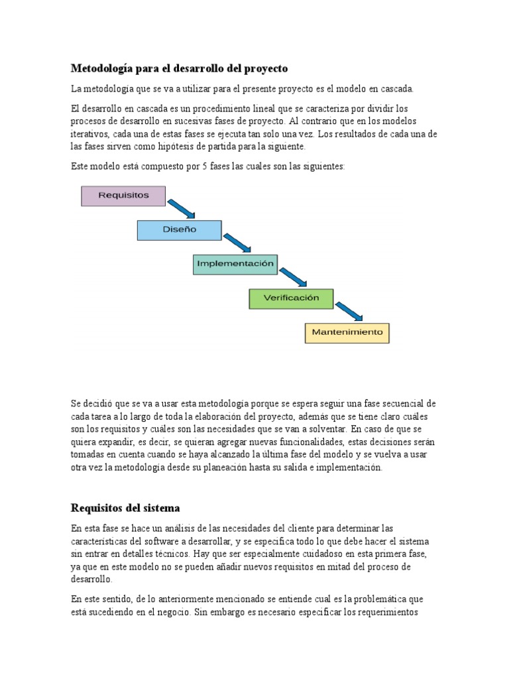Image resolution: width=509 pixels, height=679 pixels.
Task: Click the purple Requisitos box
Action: coord(123,196)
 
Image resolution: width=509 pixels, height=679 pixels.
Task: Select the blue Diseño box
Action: coord(179,229)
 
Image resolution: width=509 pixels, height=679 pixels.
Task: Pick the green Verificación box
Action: coord(291,298)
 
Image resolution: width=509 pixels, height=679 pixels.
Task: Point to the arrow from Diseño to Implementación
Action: coord(237,242)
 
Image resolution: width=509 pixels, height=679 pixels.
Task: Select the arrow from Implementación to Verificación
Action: coord(293,277)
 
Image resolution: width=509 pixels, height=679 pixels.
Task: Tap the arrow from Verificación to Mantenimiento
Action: coord(349,310)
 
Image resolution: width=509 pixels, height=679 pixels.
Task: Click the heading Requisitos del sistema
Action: coord(125,508)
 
